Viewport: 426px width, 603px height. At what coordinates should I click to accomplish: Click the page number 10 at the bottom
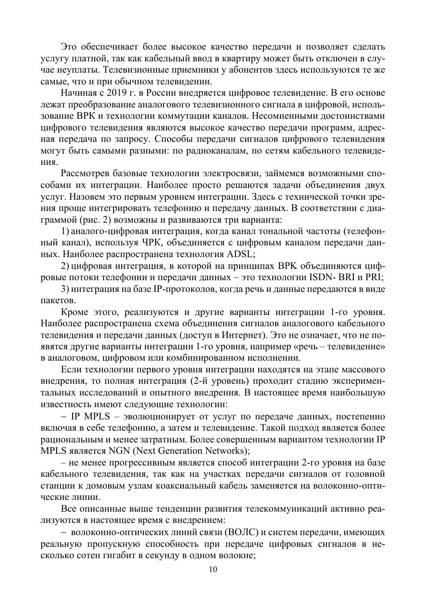213,570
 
